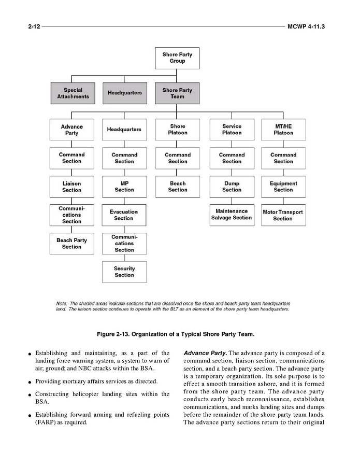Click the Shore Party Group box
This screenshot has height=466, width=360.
(x=177, y=58)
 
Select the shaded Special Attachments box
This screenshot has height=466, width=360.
(x=73, y=93)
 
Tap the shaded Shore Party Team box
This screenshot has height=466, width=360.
(x=177, y=93)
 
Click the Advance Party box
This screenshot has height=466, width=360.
(x=72, y=130)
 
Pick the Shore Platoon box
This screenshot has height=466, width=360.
(x=177, y=130)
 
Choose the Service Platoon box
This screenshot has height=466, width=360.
(x=232, y=130)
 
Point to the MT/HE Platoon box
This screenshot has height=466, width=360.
(x=283, y=130)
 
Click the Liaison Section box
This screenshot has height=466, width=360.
(x=72, y=187)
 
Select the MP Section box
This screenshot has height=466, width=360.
(x=124, y=187)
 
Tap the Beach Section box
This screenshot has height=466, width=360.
(x=177, y=187)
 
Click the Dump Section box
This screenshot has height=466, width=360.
(x=232, y=187)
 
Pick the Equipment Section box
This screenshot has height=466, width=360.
(x=283, y=187)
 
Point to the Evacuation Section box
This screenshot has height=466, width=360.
(x=124, y=215)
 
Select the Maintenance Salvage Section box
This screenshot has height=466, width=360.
(x=232, y=215)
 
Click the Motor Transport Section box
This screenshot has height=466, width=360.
(x=283, y=215)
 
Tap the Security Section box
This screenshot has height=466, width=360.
(x=124, y=272)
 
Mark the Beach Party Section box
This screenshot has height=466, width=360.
(x=72, y=244)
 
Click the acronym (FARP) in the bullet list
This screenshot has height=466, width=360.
(x=46, y=422)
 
